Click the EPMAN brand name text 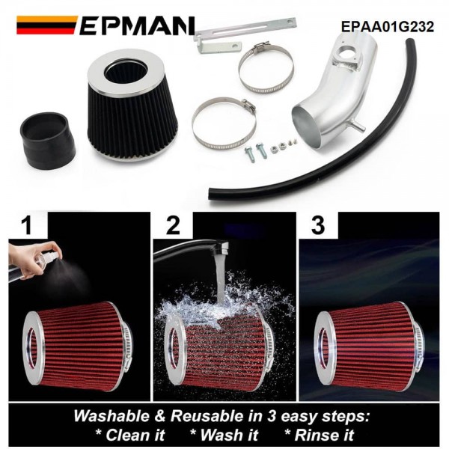(137, 25)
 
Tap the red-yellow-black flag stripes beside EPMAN (46, 25)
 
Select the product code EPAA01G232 (388, 27)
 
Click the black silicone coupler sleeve (47, 141)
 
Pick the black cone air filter (132, 105)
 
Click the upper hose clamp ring (266, 68)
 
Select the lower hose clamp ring (224, 123)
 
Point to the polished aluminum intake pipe (332, 94)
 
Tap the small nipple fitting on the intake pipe (358, 126)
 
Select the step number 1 (28, 225)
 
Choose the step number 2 (173, 225)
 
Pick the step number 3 (318, 225)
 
